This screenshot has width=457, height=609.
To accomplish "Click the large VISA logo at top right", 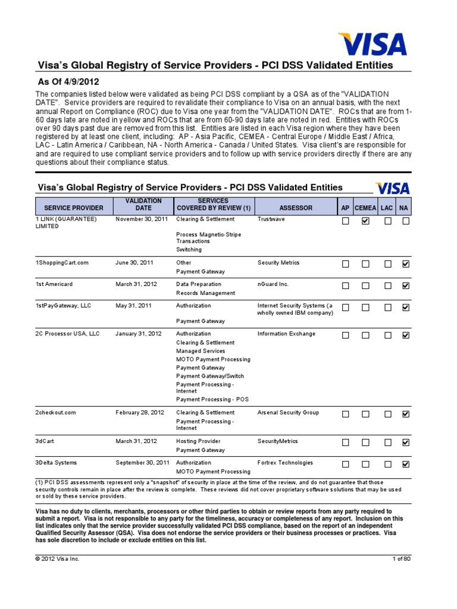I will (x=373, y=45).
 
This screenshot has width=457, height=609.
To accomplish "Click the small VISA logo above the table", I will (x=392, y=189).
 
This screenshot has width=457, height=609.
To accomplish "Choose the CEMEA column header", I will (x=365, y=208).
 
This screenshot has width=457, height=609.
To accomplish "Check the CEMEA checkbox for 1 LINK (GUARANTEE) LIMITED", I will (x=365, y=221).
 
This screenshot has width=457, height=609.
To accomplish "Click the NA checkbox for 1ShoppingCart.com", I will (x=406, y=264).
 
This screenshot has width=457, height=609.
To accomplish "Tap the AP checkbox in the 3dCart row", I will (x=345, y=442).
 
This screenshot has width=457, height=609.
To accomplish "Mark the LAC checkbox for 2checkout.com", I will (x=388, y=414).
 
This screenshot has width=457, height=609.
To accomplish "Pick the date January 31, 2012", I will (x=139, y=334).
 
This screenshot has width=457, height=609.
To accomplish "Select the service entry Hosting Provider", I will (x=198, y=441).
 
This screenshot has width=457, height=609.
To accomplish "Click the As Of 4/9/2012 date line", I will (x=68, y=81).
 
